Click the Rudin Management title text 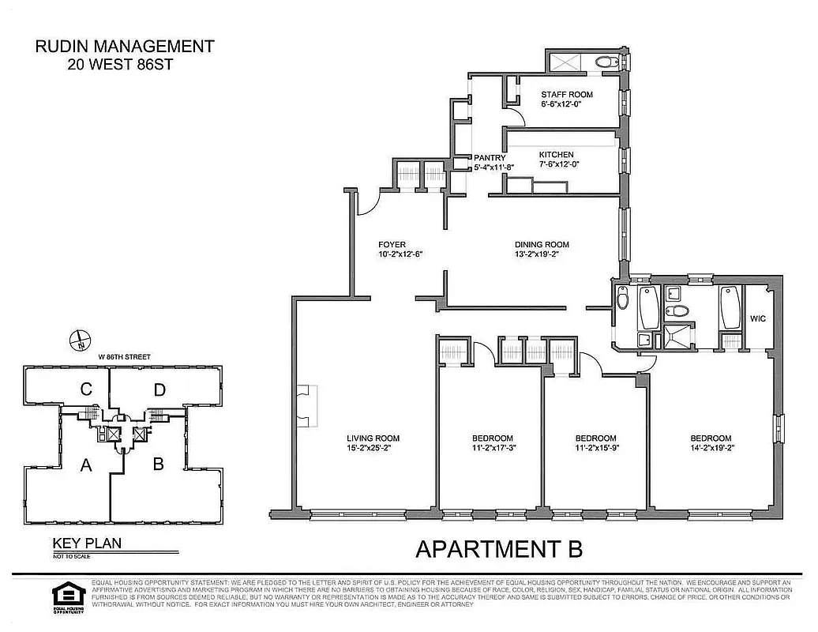(x=125, y=47)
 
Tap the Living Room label (x=373, y=438)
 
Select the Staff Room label (x=566, y=95)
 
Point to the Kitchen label (x=556, y=155)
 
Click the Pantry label (x=489, y=158)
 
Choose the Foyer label (x=392, y=245)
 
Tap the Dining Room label (x=542, y=245)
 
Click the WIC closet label (x=757, y=319)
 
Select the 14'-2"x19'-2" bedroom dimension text (x=711, y=450)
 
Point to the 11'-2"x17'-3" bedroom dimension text (x=493, y=450)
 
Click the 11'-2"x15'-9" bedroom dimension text (x=595, y=450)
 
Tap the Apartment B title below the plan (x=499, y=548)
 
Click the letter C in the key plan (x=86, y=389)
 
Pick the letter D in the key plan (x=160, y=389)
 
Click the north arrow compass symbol (x=81, y=340)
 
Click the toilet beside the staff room (x=606, y=62)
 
